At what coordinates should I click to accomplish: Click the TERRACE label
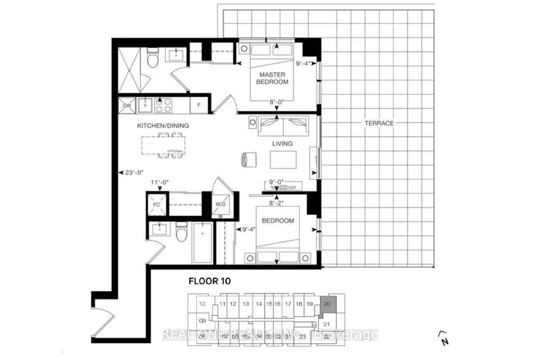click(379, 123)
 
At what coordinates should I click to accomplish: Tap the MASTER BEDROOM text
click(272, 78)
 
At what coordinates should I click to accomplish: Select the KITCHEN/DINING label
click(163, 126)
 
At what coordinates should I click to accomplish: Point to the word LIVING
click(282, 143)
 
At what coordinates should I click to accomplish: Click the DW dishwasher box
click(127, 105)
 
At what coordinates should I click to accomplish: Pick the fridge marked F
click(199, 105)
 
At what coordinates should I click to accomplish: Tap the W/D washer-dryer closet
click(221, 204)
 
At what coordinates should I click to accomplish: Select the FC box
click(157, 204)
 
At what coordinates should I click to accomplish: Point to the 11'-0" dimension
click(160, 182)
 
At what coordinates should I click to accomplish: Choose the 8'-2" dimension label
click(277, 203)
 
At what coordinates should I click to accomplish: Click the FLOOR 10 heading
click(210, 281)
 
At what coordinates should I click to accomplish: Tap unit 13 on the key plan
click(246, 304)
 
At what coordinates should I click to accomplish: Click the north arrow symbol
click(444, 338)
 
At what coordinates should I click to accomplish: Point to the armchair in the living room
click(248, 159)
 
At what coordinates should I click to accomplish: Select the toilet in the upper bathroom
click(152, 59)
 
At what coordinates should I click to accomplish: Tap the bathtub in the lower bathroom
click(202, 243)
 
